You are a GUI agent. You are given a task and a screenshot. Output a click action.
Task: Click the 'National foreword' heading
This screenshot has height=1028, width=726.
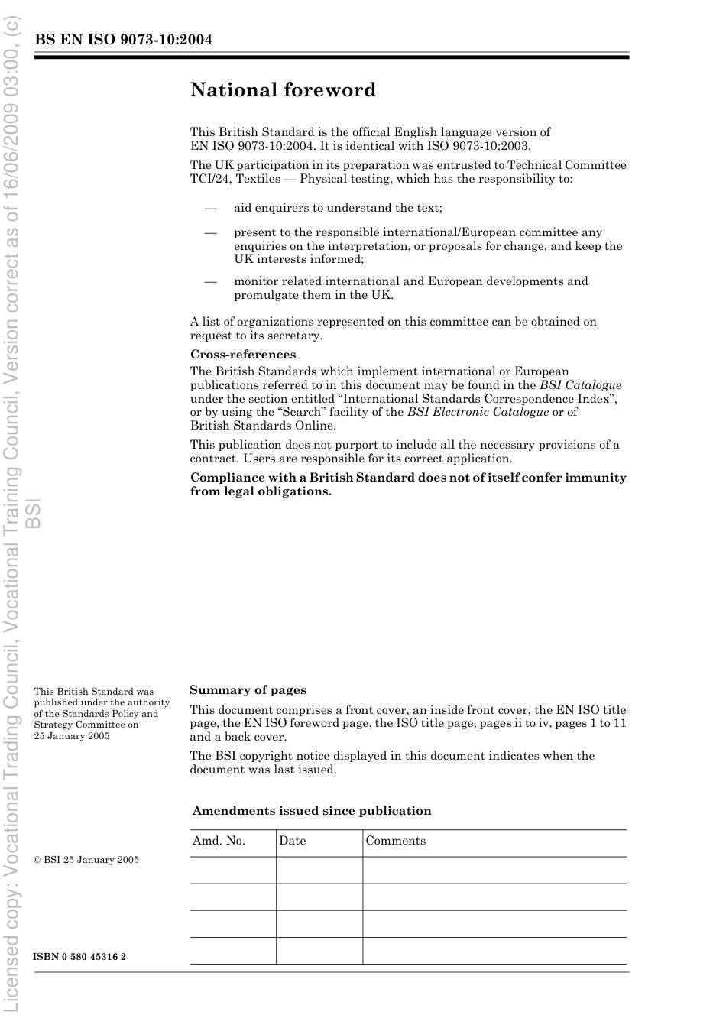tap(283, 90)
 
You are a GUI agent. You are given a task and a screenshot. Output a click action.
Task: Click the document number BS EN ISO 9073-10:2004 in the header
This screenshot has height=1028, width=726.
tap(123, 40)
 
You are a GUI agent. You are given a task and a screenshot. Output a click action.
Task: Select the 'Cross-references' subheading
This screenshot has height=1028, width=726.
tap(242, 355)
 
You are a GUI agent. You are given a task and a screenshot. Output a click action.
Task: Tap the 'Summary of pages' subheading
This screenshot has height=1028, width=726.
tap(248, 690)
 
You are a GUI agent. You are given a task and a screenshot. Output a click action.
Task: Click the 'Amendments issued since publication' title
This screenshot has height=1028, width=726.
tap(312, 811)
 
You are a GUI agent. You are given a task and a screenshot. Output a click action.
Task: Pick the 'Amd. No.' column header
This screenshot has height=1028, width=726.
tap(219, 841)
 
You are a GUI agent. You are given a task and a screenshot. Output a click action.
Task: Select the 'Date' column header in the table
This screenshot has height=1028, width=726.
tap(292, 841)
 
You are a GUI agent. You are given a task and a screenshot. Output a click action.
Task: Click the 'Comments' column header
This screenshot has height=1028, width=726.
tap(395, 841)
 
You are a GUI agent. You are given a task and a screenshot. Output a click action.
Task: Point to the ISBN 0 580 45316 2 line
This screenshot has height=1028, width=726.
tap(79, 957)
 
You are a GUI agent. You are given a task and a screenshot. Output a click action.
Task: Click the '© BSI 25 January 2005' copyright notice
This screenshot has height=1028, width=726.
tap(86, 860)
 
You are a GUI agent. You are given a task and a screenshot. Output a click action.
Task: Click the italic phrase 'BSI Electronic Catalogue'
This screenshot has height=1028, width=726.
tap(478, 412)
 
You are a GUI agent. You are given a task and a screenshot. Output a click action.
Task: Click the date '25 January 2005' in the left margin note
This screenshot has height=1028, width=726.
tap(72, 736)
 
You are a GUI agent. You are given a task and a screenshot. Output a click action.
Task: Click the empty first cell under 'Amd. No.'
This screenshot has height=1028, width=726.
tap(232, 870)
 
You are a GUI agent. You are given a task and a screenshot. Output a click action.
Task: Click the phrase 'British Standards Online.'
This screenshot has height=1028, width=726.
tap(263, 426)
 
